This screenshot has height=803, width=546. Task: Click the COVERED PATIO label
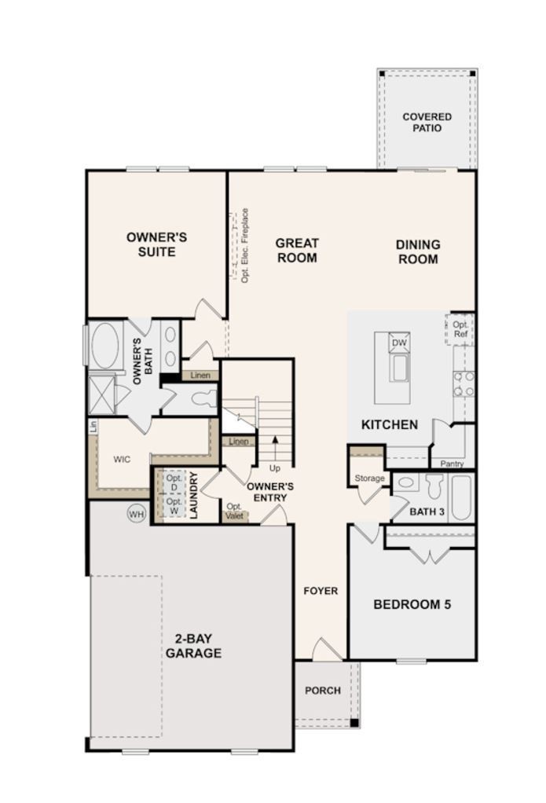(x=427, y=123)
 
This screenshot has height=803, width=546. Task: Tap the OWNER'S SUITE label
(x=156, y=244)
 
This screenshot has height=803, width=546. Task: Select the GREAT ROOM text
(x=297, y=251)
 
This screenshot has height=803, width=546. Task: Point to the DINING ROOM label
(x=417, y=251)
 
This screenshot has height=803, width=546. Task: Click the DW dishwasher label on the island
(x=399, y=343)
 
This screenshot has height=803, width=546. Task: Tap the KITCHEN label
(x=389, y=425)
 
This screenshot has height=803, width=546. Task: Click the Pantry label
(x=452, y=464)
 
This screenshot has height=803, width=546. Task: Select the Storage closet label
(x=368, y=478)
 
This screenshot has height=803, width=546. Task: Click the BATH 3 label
(x=427, y=512)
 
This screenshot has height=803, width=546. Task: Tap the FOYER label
(x=321, y=591)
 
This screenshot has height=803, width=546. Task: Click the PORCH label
(x=323, y=691)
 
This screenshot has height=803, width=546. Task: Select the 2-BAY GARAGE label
(x=192, y=646)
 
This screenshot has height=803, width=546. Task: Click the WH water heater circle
(x=137, y=513)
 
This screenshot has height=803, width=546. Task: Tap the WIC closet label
(x=122, y=458)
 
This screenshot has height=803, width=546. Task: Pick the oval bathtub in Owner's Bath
(x=105, y=343)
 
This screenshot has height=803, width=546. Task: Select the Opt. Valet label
(x=234, y=511)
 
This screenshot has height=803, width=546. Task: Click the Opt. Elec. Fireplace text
(x=245, y=245)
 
